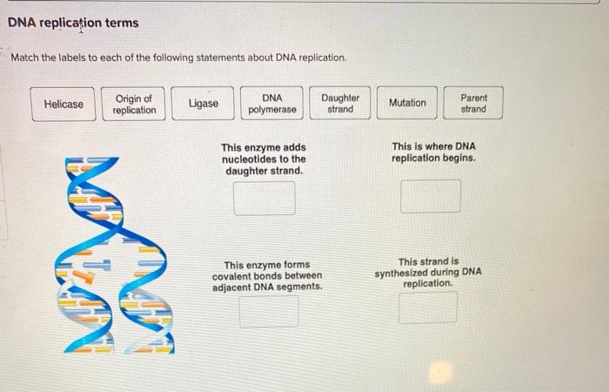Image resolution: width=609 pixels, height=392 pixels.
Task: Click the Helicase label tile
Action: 64,104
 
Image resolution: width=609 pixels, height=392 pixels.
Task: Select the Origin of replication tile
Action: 134,104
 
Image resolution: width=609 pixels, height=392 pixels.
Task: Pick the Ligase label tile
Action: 204,104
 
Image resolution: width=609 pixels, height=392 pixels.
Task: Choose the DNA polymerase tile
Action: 272,104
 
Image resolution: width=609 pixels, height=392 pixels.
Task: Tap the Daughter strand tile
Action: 340,104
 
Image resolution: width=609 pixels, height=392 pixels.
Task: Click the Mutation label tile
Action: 407,103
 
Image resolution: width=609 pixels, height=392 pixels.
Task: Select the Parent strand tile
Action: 473,104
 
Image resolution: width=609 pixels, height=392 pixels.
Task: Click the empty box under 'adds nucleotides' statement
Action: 264,199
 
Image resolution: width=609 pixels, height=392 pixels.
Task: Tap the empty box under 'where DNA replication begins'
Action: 430,196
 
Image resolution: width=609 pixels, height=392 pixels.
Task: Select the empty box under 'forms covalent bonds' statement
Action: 268,311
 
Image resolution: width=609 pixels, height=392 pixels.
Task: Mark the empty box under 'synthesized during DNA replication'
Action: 427,308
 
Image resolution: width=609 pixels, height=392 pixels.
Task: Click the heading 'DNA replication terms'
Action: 73,23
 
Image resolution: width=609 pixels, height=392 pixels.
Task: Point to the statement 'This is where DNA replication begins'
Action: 433,152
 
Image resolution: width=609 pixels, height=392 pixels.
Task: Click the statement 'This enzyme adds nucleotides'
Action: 264,159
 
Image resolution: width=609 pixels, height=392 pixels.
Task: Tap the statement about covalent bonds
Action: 267,275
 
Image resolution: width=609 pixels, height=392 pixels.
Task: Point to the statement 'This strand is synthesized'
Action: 428,272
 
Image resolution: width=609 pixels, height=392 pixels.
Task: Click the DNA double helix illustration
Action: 117,253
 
